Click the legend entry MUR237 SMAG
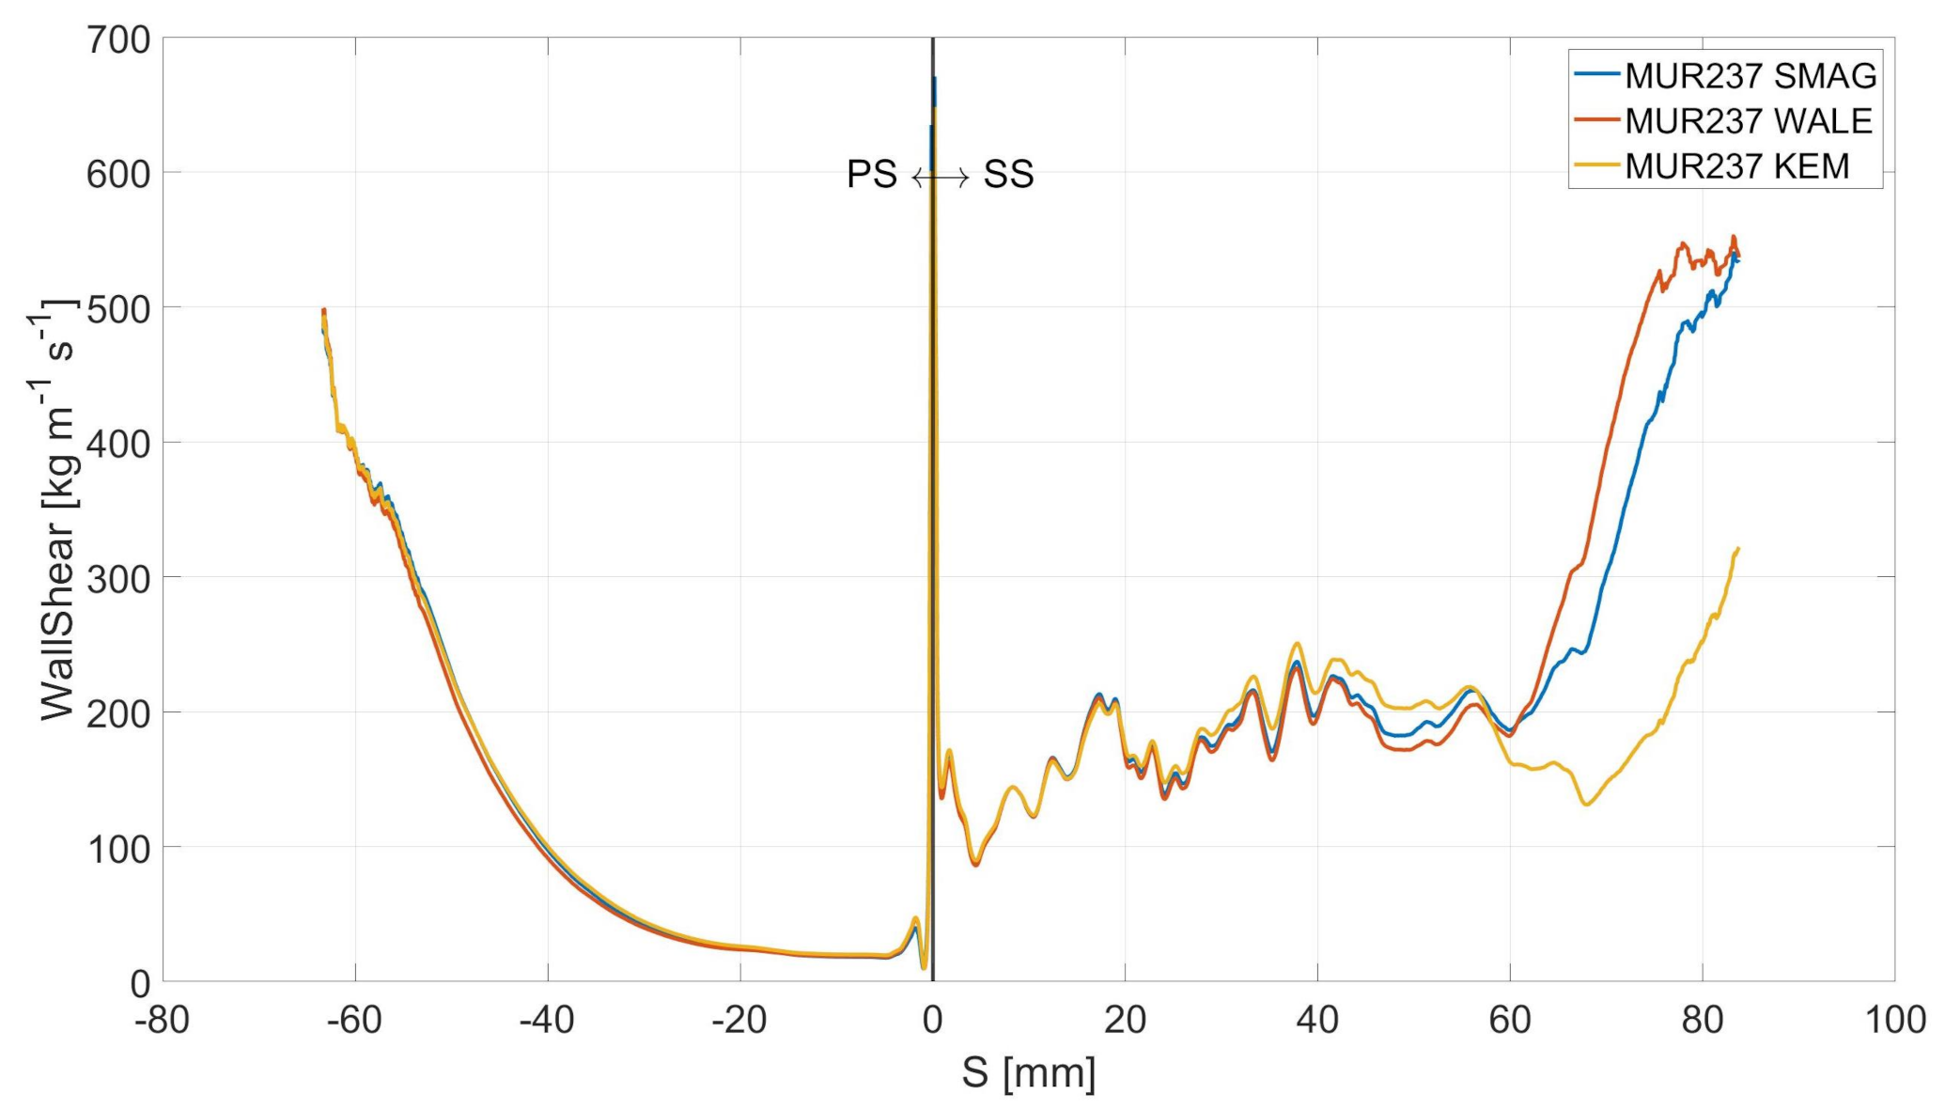pos(1750,76)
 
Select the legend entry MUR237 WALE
pos(1749,121)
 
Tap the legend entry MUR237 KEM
pos(1736,166)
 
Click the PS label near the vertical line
pos(871,175)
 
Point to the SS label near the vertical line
pos(1008,175)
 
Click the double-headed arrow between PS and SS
pos(941,177)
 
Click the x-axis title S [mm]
pos(1028,1072)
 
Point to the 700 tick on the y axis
pos(117,39)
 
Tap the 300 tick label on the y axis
pos(117,578)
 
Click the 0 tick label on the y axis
pos(139,983)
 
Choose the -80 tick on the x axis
pos(163,1020)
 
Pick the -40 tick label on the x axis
pos(547,1020)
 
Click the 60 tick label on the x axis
pos(1510,1020)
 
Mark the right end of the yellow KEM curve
pos(1738,548)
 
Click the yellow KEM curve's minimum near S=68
pos(1587,805)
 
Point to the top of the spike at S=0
pos(934,80)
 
